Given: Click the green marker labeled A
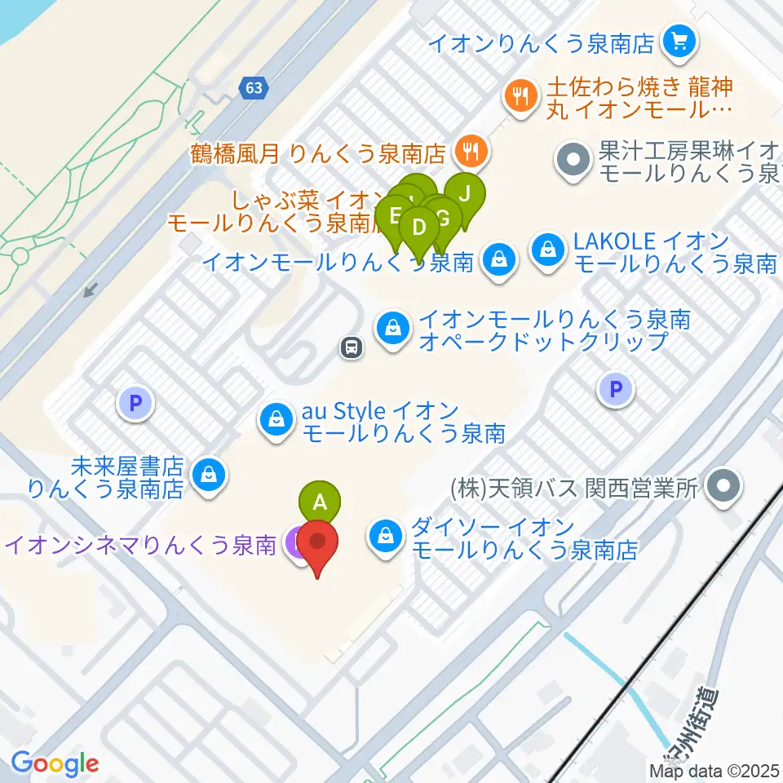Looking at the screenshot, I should click(321, 500).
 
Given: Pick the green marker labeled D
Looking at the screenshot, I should click(419, 226).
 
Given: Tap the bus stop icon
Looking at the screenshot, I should click(352, 348).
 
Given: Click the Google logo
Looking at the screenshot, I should click(55, 763).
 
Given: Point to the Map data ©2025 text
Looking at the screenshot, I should click(714, 770).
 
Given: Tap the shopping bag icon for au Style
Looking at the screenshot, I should click(276, 420).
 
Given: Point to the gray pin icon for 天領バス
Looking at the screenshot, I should click(723, 487).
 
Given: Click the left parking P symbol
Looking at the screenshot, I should click(135, 402).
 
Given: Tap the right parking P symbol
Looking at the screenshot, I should click(616, 389).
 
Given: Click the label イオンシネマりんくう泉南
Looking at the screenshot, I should click(139, 545).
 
